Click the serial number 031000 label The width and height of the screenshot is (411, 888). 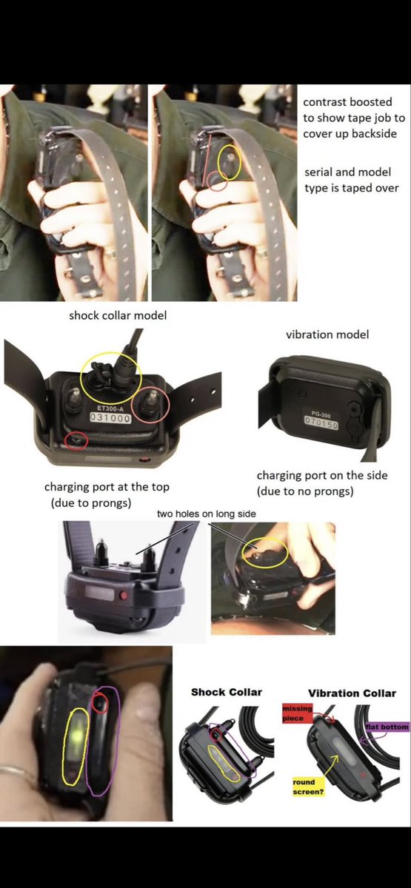[110, 418]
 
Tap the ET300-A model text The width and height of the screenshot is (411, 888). [110, 408]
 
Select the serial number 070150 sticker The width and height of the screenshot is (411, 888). [321, 424]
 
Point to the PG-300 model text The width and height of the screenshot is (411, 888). [321, 415]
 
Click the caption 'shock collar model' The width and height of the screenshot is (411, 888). [118, 315]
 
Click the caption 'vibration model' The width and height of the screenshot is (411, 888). [327, 334]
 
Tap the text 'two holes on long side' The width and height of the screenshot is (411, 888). [207, 514]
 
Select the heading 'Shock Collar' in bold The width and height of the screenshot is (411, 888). [227, 692]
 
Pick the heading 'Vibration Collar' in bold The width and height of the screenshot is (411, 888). [352, 693]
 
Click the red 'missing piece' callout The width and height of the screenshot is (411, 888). [297, 713]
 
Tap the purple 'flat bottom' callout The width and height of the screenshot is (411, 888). [387, 727]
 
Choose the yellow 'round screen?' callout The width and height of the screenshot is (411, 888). [309, 787]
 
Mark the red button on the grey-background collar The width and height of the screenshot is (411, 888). [123, 595]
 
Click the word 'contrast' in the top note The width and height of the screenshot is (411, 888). [324, 102]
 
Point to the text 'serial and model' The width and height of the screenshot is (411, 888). [347, 172]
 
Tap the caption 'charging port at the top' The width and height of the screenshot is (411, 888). [107, 487]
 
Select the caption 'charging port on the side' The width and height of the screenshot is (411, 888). [322, 475]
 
